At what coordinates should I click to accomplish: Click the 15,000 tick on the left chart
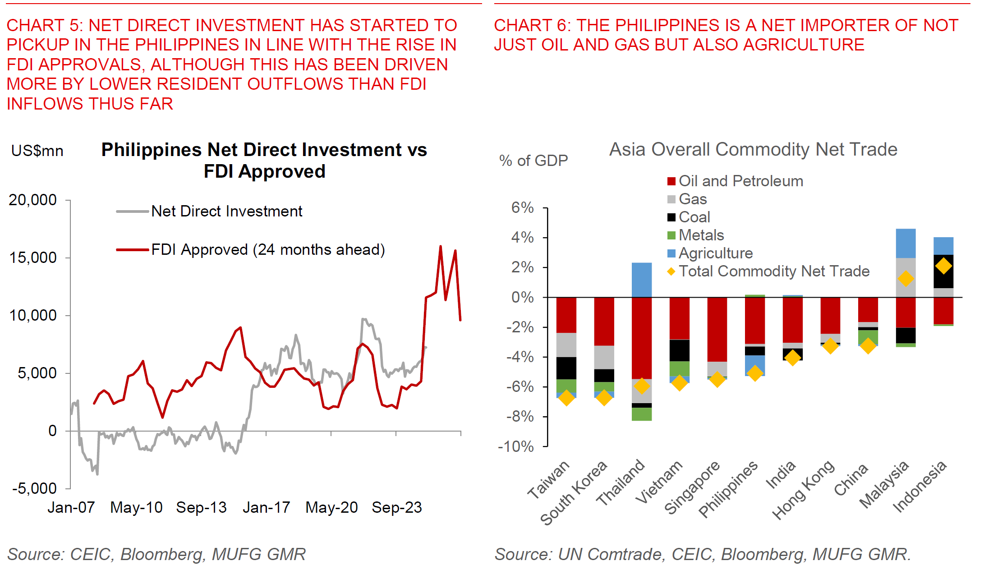click(33, 258)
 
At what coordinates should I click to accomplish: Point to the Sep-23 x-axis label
click(397, 508)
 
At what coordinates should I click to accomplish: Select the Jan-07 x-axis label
click(71, 508)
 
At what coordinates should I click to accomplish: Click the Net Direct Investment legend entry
click(226, 211)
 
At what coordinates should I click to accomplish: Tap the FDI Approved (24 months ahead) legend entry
click(268, 249)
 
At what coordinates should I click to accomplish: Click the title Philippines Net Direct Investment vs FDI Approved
click(264, 161)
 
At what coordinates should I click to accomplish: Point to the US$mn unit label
click(37, 151)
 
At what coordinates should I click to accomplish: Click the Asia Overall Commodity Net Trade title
click(753, 150)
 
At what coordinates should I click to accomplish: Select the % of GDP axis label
click(533, 161)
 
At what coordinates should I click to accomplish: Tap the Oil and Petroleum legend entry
click(740, 181)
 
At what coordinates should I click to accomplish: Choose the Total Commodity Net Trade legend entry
click(774, 271)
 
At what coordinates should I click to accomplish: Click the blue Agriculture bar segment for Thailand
click(642, 280)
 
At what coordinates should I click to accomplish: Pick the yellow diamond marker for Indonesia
click(943, 266)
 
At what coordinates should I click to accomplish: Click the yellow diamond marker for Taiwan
click(566, 398)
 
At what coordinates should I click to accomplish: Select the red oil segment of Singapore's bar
click(717, 329)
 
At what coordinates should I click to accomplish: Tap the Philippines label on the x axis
click(728, 490)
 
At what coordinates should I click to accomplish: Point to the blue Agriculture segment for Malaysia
click(906, 244)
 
